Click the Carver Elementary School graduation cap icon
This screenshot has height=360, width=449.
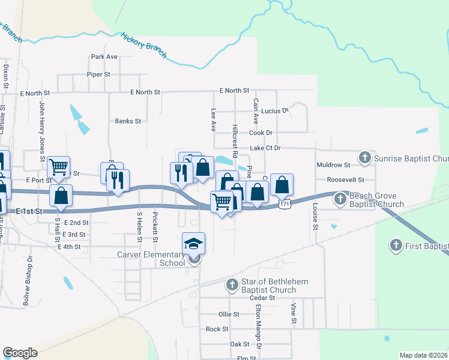[x=194, y=243]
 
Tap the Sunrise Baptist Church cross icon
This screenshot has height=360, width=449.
[x=364, y=158]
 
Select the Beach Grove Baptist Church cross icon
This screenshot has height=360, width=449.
[x=340, y=197]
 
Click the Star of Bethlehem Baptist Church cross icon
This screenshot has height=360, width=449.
[x=232, y=285]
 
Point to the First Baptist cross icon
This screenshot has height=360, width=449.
[x=396, y=245]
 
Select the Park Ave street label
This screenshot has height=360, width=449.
[x=104, y=57]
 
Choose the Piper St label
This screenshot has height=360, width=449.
[x=99, y=74]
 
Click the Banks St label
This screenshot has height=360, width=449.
[x=128, y=121]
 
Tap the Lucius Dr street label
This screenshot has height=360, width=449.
[x=276, y=111]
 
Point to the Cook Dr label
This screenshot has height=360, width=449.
[x=261, y=133]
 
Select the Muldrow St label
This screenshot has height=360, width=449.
[x=333, y=164]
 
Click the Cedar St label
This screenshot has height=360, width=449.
[x=262, y=298]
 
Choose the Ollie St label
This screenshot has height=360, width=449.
[x=229, y=314]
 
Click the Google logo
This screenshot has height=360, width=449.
[x=20, y=353]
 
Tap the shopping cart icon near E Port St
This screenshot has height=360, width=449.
[x=59, y=166]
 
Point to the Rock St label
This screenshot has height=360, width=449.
[x=217, y=329]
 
